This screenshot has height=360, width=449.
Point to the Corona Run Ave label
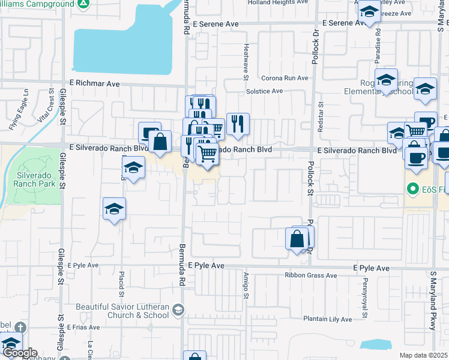285,78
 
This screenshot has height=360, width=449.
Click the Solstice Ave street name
264,91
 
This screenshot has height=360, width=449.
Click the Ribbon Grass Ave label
311,275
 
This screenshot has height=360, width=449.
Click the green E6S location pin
412,189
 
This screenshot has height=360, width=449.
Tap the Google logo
19,353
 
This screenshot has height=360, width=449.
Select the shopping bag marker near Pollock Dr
297,239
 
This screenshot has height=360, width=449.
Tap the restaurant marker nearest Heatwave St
238,124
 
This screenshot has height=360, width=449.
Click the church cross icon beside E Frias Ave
20,328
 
